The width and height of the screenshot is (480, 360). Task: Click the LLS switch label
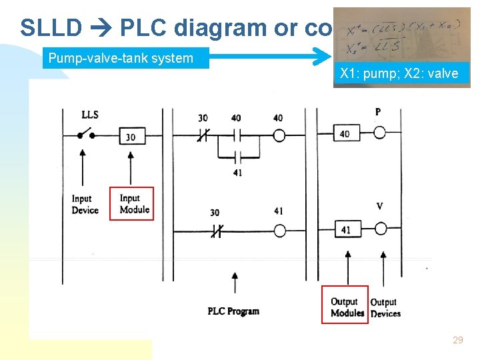click(89, 115)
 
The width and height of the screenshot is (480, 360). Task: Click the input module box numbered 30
click(131, 137)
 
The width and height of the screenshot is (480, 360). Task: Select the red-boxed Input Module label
click(135, 203)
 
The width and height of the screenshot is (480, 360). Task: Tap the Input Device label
click(85, 204)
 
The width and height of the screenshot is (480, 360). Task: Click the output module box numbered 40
click(345, 133)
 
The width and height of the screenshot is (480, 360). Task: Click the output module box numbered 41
click(345, 229)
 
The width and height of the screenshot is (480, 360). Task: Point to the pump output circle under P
click(379, 133)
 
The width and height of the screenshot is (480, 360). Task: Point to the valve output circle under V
click(379, 229)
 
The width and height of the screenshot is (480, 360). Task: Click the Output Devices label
click(385, 307)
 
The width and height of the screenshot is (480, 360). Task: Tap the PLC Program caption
click(233, 311)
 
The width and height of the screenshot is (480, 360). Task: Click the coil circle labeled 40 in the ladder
click(279, 136)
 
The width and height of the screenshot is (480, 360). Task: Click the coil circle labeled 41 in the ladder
click(279, 231)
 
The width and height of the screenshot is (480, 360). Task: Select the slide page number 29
click(457, 340)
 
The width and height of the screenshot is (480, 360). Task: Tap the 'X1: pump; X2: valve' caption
click(399, 74)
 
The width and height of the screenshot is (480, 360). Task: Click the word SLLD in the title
click(51, 28)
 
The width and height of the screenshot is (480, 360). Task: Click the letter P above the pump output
click(378, 112)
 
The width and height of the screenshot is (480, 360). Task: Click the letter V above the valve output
click(379, 207)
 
